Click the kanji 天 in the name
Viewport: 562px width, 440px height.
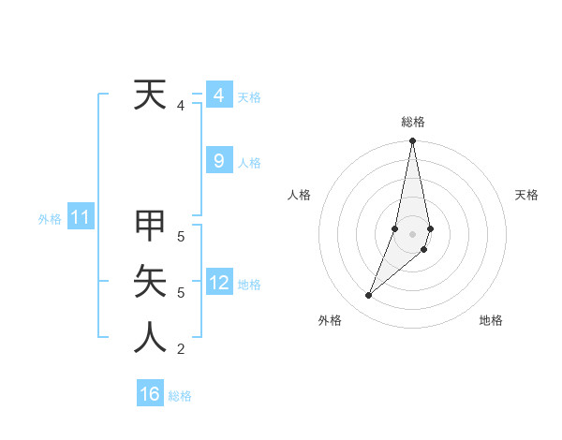coord(150,95)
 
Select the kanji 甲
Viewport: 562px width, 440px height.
coord(150,226)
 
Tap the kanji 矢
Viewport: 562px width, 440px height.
coord(150,281)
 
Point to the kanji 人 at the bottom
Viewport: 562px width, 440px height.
coord(150,338)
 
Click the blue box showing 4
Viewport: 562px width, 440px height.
coord(218,95)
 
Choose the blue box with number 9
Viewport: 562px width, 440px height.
coord(218,161)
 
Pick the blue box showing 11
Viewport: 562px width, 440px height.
coord(80,218)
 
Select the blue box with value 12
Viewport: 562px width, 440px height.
coord(218,282)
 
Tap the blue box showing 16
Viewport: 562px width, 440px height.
coord(150,394)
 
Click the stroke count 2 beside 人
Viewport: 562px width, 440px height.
coord(181,350)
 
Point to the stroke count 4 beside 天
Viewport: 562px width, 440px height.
coord(181,107)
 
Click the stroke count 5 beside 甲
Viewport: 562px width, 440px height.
coord(181,237)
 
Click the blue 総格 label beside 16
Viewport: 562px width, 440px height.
coord(180,396)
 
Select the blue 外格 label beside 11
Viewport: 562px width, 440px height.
coord(50,219)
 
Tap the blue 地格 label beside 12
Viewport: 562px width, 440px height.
coord(249,284)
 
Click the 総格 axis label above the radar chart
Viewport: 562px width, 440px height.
coord(412,122)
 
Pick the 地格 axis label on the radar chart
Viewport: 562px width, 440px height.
coord(491,321)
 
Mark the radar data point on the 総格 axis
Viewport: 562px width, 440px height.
coord(412,141)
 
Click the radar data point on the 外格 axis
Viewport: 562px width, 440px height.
coord(368,296)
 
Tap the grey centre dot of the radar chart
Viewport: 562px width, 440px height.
coord(412,233)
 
